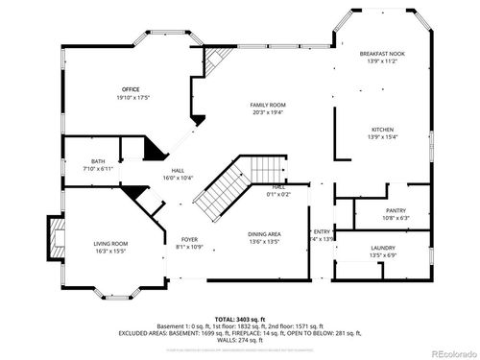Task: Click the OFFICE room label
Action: pos(131,89)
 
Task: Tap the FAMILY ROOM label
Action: pos(269,105)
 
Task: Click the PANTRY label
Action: pos(396,210)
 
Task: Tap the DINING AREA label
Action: pos(265,234)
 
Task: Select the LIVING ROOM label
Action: pos(110,244)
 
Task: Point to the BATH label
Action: pos(98,161)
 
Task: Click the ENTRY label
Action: pos(321,231)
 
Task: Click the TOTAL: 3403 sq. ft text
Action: pos(239,318)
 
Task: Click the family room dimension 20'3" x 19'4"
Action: pos(269,111)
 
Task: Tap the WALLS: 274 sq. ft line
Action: pos(239,341)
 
